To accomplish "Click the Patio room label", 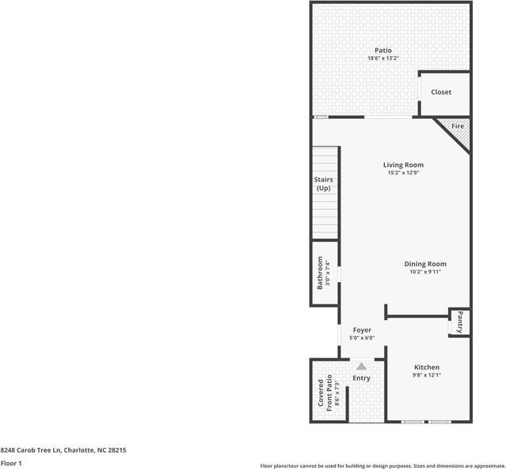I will tap(383, 51).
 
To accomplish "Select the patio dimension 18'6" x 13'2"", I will tap(383, 59).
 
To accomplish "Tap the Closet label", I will tap(441, 92).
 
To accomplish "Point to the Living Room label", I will tap(403, 165).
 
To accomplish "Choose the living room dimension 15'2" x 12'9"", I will tap(403, 173).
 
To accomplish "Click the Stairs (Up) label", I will tap(323, 184).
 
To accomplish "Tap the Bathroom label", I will tap(321, 272).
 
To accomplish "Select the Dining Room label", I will tap(425, 264).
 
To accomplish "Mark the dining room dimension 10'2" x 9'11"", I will tap(425, 272).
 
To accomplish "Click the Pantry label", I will tap(459, 322).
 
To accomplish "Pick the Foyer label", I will tap(362, 330).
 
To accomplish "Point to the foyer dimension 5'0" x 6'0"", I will tap(362, 338).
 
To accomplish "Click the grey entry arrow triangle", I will tap(362, 366).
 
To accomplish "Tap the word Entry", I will tap(361, 378).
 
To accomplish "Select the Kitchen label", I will tap(426, 367).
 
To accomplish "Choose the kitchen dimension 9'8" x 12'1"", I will tap(426, 375).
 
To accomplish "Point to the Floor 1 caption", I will tap(11, 463).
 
